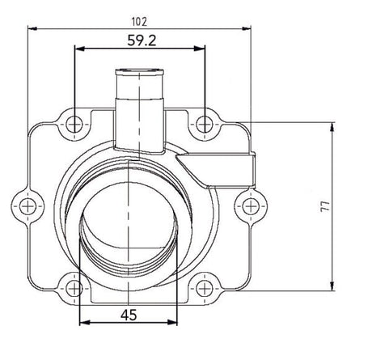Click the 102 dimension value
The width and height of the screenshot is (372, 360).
click(139, 15)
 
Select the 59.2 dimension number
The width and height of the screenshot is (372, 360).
click(142, 38)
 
